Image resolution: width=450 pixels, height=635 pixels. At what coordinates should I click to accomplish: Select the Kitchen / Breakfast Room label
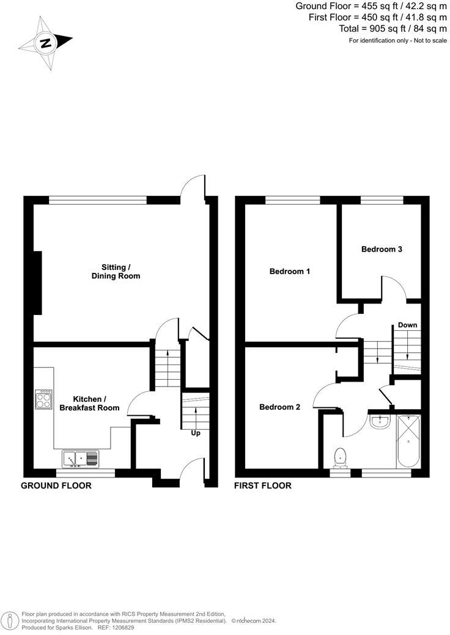click(x=97, y=403)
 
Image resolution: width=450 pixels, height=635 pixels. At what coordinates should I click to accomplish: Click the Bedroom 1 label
click(x=290, y=271)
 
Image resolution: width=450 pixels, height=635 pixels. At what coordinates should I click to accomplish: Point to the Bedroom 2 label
click(x=279, y=407)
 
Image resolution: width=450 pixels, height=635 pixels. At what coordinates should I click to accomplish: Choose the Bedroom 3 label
click(x=382, y=249)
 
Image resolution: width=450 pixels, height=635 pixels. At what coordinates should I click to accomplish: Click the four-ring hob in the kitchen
click(x=43, y=399)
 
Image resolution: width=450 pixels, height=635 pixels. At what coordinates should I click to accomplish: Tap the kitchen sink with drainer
click(x=80, y=457)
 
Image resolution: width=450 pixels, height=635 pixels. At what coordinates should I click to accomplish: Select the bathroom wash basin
click(x=380, y=420)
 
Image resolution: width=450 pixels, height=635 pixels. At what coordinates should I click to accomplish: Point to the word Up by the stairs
click(x=196, y=433)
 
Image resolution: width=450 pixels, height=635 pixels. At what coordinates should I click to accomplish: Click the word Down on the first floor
click(x=407, y=325)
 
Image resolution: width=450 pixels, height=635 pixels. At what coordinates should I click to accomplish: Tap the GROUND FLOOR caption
click(x=56, y=486)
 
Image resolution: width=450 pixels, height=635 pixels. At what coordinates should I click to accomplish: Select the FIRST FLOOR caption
click(x=263, y=486)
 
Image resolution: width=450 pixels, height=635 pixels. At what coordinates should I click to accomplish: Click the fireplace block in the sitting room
click(x=37, y=283)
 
